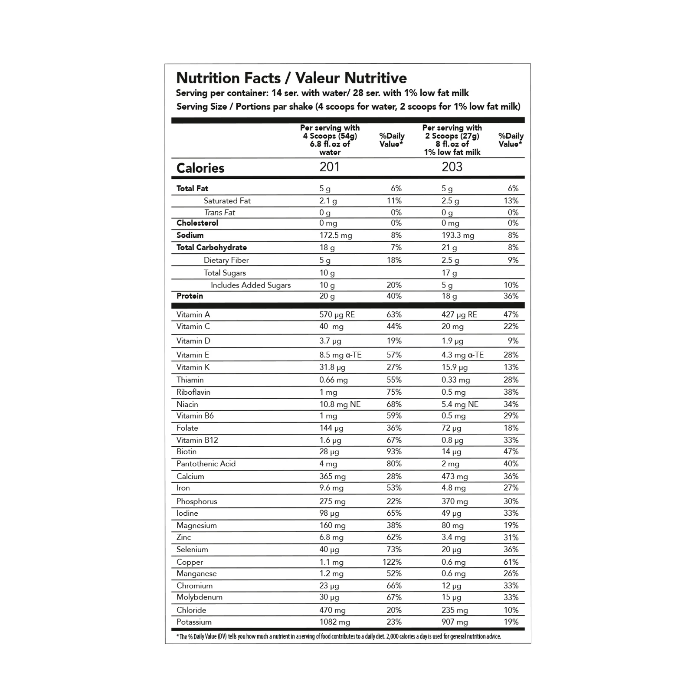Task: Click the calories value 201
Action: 330,167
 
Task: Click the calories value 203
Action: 452,167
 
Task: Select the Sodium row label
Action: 190,235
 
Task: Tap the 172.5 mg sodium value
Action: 336,236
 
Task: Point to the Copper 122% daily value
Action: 392,562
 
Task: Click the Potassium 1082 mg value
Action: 334,622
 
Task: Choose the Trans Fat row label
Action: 219,213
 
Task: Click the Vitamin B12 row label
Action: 197,440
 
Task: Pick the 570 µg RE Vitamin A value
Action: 337,315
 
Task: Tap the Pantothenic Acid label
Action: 206,464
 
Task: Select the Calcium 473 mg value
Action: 455,477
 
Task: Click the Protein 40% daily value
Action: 394,296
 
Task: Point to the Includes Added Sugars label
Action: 251,285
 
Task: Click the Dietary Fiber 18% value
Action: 394,260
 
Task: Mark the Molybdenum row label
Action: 200,597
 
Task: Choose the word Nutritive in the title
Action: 376,78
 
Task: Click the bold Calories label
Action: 200,168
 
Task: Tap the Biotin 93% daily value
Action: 394,452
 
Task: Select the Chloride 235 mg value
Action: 455,610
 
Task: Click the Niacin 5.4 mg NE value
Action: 460,404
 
